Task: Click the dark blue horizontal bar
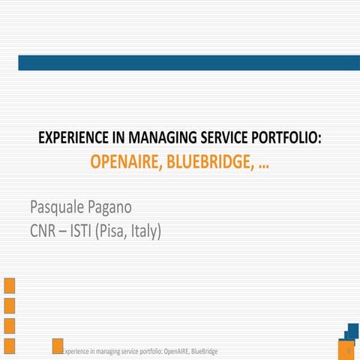point(187,63)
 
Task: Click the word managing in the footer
point(104,351)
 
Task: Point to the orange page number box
point(348,350)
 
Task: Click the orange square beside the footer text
point(57,346)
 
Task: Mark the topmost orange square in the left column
point(10,285)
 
